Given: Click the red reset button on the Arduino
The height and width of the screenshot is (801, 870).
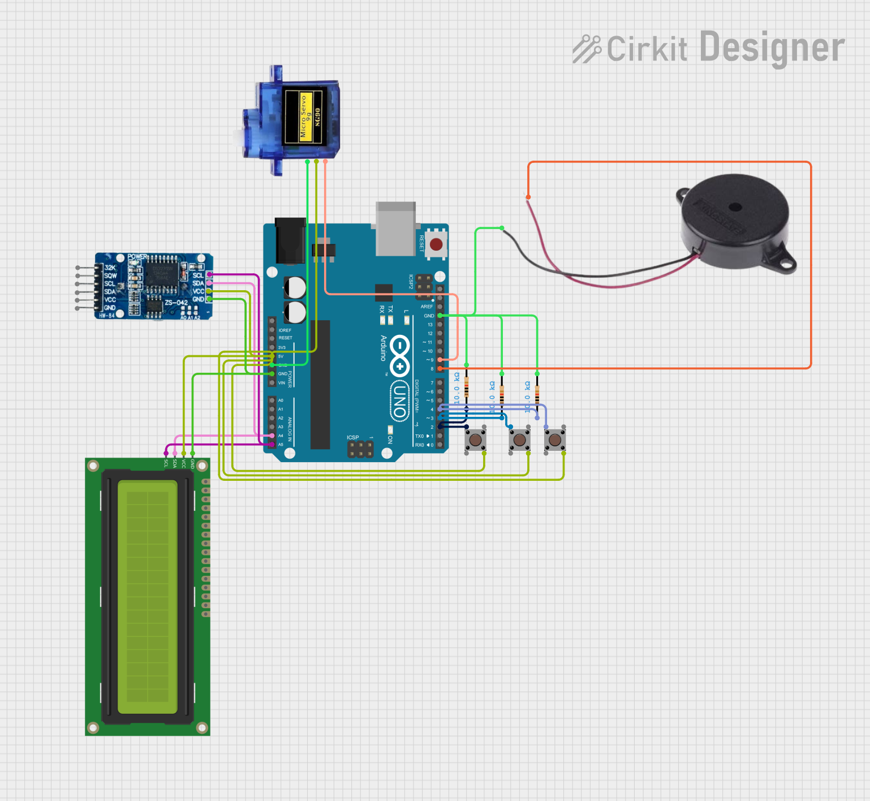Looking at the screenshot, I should (x=436, y=244).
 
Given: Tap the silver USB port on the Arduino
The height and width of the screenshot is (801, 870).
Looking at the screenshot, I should (x=395, y=229).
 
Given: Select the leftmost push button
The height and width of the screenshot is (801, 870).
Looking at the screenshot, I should (x=475, y=439).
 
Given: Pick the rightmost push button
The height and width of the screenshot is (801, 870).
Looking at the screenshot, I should (x=555, y=439).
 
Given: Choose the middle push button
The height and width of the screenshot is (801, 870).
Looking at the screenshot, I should (x=519, y=439).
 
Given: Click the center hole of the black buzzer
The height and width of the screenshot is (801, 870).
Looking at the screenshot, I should (x=735, y=207).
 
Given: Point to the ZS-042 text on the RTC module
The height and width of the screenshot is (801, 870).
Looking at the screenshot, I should (x=176, y=303).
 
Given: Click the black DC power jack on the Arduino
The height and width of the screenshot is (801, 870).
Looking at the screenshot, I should (x=290, y=240).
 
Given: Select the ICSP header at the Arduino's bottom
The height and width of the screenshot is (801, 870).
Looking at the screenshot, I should (x=360, y=449).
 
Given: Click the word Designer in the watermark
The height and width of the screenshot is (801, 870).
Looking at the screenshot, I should (x=772, y=48).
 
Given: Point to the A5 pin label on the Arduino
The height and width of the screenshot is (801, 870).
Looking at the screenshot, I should (x=281, y=445).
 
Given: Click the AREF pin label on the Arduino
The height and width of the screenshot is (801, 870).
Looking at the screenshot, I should (x=427, y=307).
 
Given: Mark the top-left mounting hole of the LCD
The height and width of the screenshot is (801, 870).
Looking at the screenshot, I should (x=93, y=466).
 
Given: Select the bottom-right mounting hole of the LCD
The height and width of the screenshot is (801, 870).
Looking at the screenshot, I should (x=202, y=727).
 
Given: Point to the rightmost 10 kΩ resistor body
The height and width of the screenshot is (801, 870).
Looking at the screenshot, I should (x=537, y=393).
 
